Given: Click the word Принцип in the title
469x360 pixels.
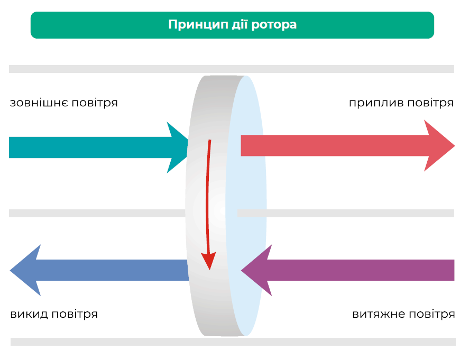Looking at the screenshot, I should pyautogui.click(x=192, y=25).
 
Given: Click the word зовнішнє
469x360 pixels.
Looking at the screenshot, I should pyautogui.click(x=40, y=103).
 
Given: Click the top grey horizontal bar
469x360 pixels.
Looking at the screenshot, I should pyautogui.click(x=232, y=69).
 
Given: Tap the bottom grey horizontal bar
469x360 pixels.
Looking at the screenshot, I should pyautogui.click(x=233, y=342).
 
